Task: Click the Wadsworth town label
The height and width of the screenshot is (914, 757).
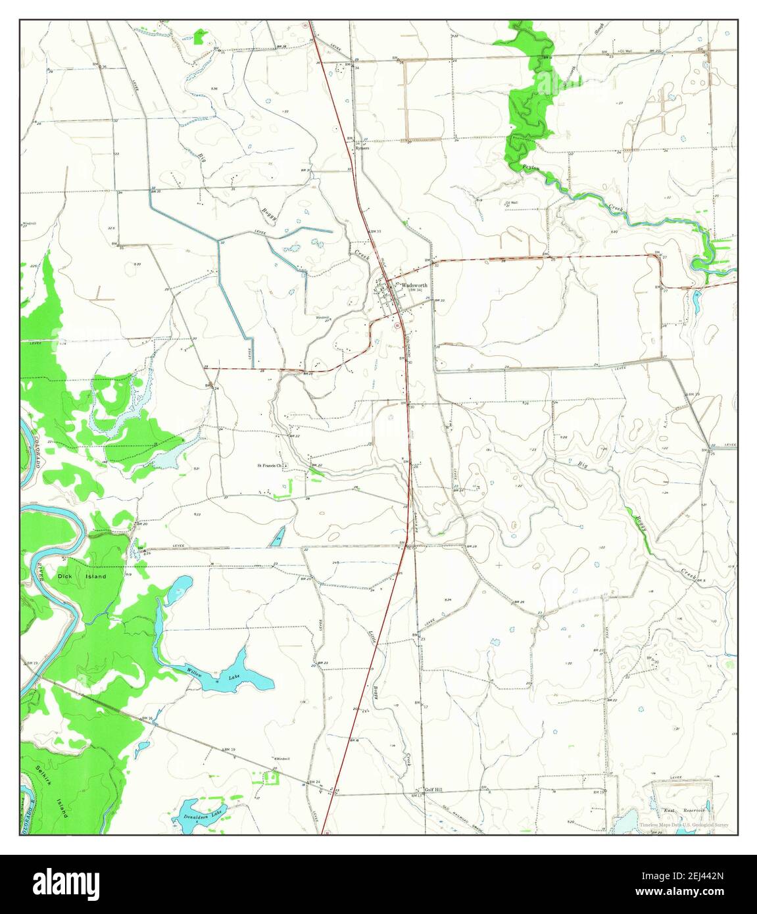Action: click(x=414, y=285)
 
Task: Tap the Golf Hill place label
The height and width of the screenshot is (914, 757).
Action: click(x=434, y=789)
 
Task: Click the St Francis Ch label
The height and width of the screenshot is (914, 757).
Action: click(x=269, y=466)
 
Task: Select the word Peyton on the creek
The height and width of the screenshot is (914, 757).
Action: click(x=531, y=168)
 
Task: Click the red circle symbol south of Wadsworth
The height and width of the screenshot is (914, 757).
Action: click(x=397, y=325)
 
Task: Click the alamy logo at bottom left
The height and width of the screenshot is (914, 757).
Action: click(x=62, y=883)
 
